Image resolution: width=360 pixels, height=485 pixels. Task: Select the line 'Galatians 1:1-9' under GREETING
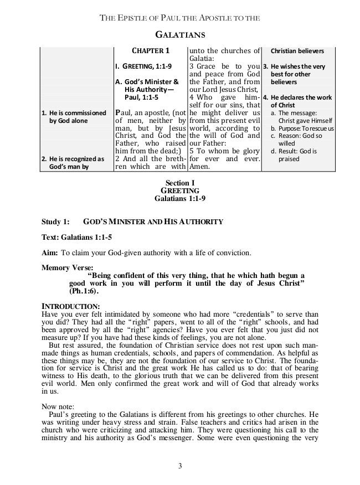(x=180, y=198)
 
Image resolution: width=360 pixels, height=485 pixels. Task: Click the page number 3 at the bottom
(x=180, y=463)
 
